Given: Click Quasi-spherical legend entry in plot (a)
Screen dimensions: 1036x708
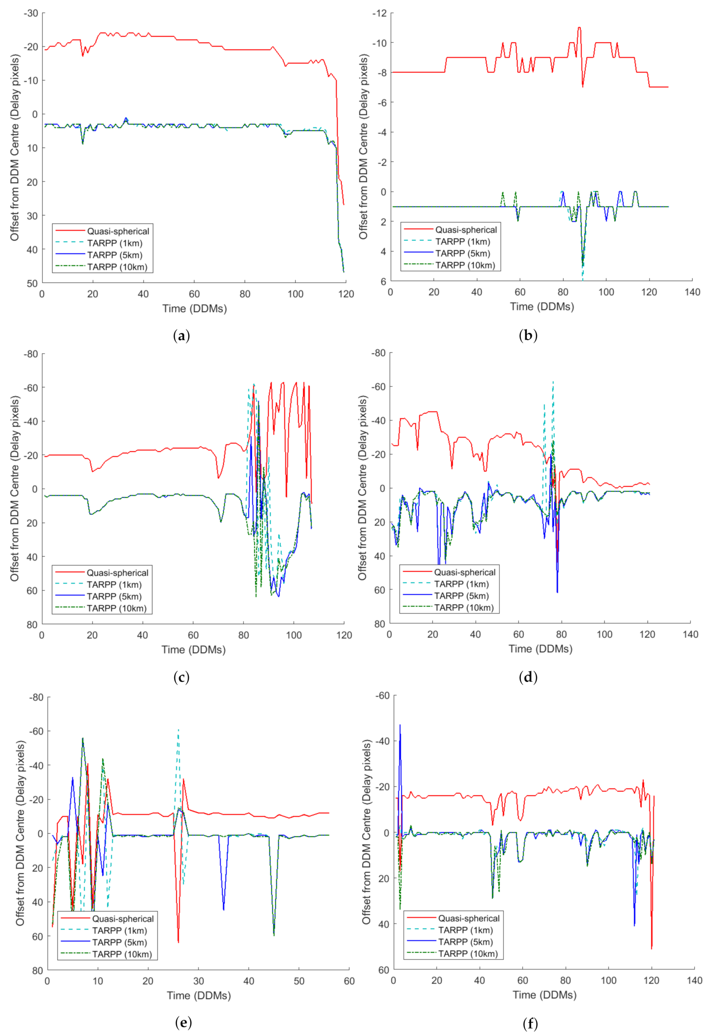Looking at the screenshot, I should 118,231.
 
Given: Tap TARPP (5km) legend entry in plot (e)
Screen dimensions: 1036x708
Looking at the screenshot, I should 119,942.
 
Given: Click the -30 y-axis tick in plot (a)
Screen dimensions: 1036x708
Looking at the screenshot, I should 31,13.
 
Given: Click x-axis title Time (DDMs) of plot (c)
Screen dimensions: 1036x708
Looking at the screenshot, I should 193,649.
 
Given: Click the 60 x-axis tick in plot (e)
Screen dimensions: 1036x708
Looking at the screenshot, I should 349,981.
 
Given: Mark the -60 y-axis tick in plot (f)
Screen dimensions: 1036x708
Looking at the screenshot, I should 380,696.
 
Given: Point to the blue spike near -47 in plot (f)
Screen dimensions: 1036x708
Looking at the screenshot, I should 400,725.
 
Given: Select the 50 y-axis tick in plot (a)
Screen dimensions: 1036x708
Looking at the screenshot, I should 32,283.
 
